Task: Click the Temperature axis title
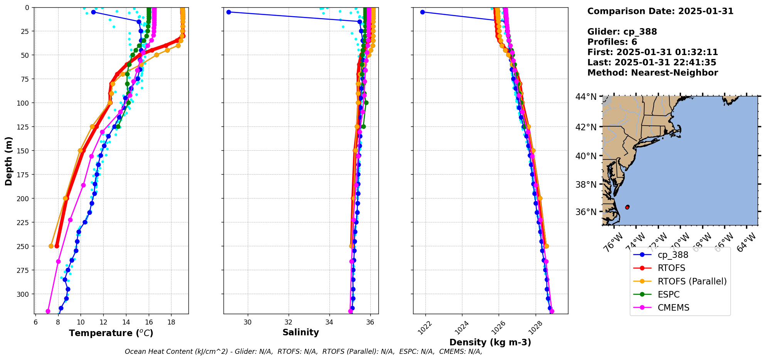coord(111,333)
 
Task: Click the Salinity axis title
coord(301,332)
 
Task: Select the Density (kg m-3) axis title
coord(490,342)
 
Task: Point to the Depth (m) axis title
coord(8,161)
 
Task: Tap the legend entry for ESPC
coord(669,294)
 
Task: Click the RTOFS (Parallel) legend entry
coord(692,281)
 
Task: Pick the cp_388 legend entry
coord(673,255)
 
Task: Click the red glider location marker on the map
coord(627,207)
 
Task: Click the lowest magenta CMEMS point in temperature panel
coord(48,311)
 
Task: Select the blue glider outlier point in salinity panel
coord(229,12)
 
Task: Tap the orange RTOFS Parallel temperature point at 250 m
coord(51,246)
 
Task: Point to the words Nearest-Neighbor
coord(674,73)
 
